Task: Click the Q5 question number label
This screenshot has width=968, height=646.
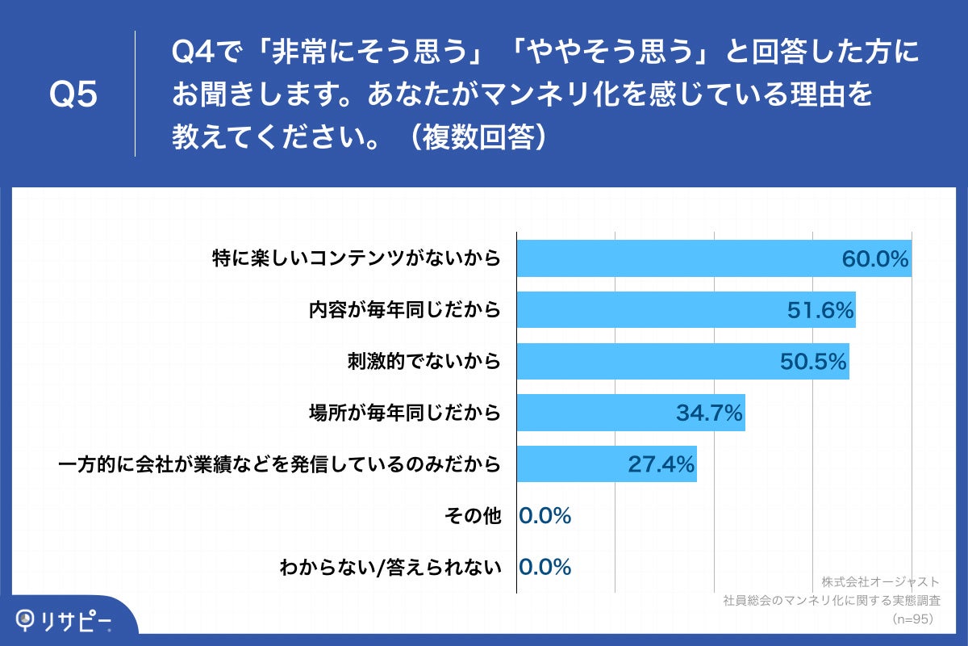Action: pyautogui.click(x=73, y=94)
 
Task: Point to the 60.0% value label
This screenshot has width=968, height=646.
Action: pyautogui.click(x=875, y=259)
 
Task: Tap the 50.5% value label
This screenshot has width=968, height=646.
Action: pyautogui.click(x=813, y=362)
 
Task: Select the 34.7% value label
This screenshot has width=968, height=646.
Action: pyautogui.click(x=709, y=413)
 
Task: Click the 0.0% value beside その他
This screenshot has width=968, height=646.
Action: pyautogui.click(x=545, y=516)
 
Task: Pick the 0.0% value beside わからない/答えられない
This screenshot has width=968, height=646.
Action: pyautogui.click(x=545, y=568)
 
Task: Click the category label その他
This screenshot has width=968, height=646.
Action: pyautogui.click(x=473, y=516)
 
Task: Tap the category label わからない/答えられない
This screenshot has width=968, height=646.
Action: pyautogui.click(x=390, y=568)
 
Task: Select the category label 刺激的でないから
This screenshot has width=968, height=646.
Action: pyautogui.click(x=423, y=362)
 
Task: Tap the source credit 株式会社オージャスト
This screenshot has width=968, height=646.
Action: pyautogui.click(x=880, y=581)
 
